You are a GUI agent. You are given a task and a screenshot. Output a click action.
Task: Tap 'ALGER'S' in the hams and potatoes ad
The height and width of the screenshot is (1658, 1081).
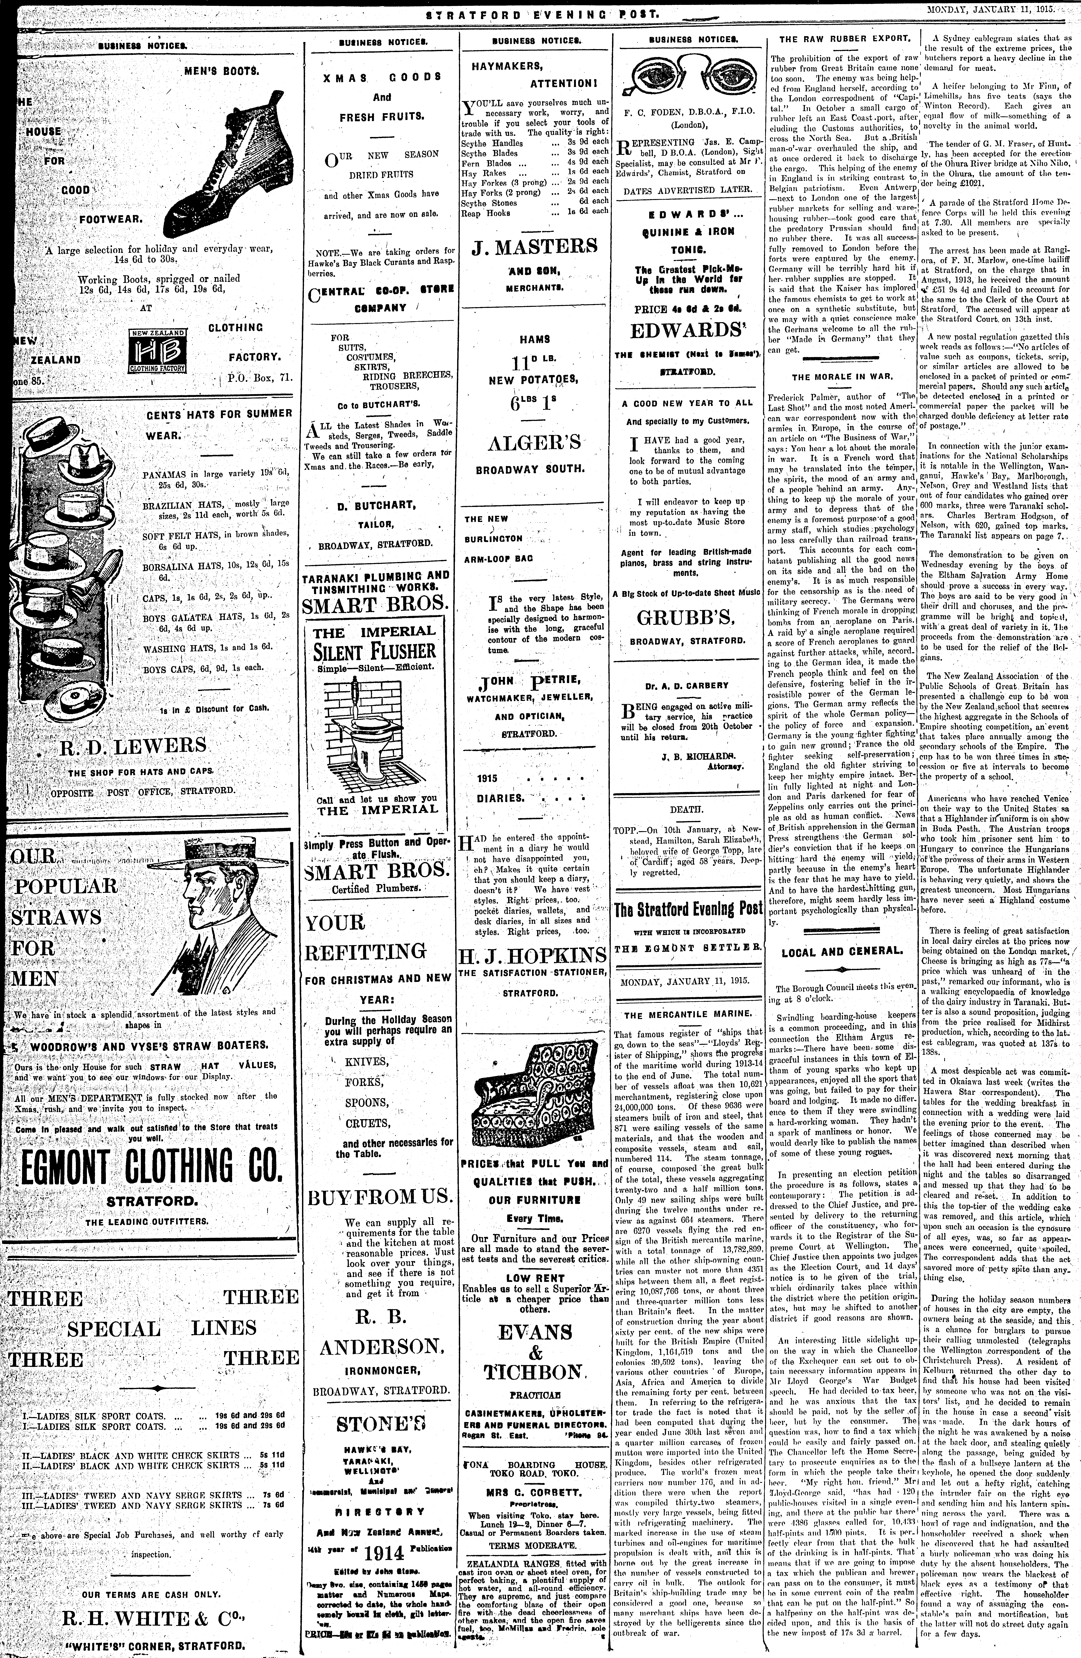tap(535, 443)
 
